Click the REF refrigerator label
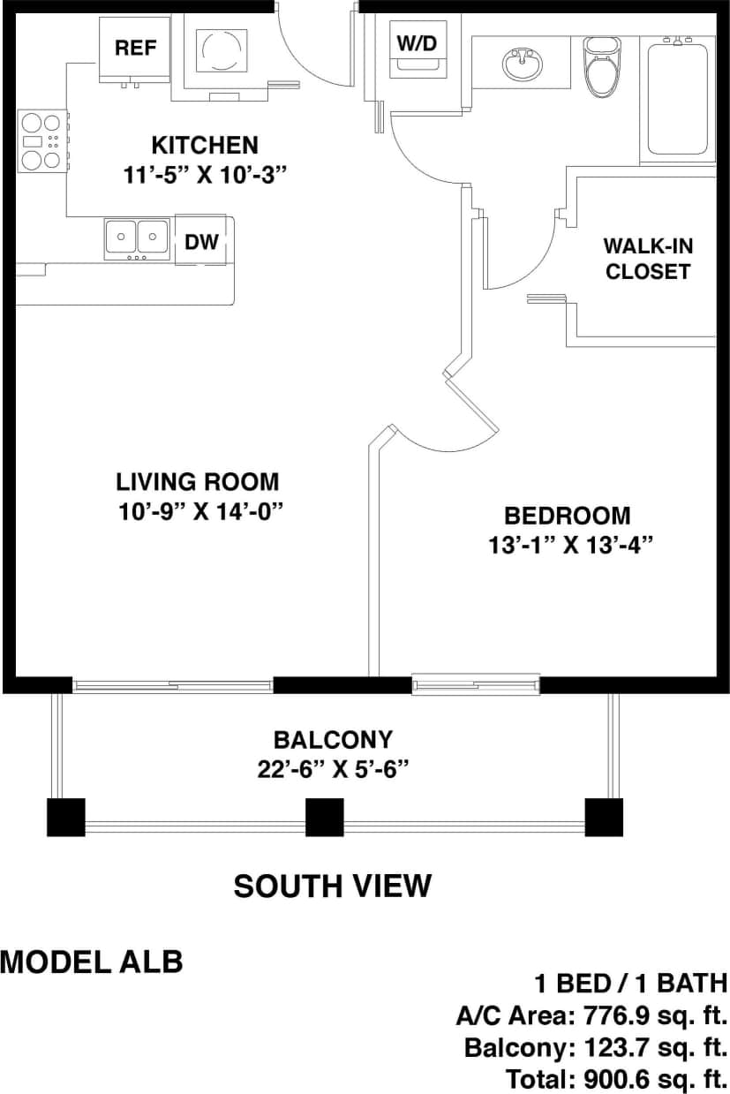pyautogui.click(x=135, y=48)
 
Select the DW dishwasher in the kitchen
pyautogui.click(x=201, y=240)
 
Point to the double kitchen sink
pyautogui.click(x=136, y=238)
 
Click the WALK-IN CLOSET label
pyautogui.click(x=646, y=258)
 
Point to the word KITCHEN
pyautogui.click(x=205, y=145)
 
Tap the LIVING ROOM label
pyautogui.click(x=198, y=482)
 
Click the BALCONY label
pyautogui.click(x=333, y=739)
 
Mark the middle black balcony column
pyautogui.click(x=324, y=818)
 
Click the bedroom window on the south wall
pyautogui.click(x=476, y=683)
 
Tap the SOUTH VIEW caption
pyautogui.click(x=333, y=885)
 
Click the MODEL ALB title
pyautogui.click(x=92, y=962)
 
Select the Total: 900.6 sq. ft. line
pyautogui.click(x=616, y=1078)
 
